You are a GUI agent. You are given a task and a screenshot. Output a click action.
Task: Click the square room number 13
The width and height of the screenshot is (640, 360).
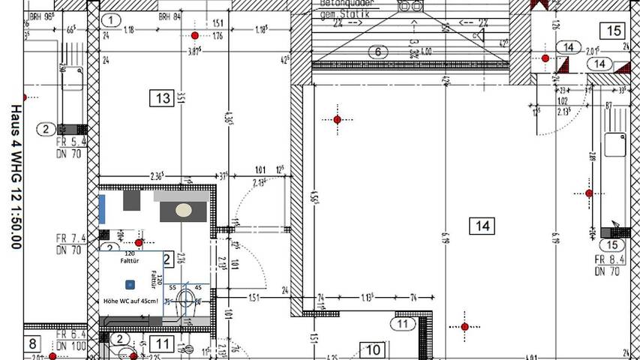[161, 97]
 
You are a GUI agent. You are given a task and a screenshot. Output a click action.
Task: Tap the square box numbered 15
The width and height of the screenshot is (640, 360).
[613, 31]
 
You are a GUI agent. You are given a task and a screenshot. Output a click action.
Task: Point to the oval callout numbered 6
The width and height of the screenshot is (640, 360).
[378, 52]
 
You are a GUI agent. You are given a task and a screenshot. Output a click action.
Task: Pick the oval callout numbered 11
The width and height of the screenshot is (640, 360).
[404, 324]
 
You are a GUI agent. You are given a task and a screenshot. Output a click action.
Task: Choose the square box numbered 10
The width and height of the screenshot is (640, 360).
[374, 349]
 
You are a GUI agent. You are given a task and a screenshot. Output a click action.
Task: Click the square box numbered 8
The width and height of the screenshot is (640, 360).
[33, 345]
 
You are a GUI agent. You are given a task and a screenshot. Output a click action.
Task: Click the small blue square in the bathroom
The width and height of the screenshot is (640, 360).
[130, 284]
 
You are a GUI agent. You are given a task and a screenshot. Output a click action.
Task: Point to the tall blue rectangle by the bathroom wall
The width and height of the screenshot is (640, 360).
[101, 208]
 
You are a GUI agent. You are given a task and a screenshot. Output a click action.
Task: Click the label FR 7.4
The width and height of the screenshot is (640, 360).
[71, 238]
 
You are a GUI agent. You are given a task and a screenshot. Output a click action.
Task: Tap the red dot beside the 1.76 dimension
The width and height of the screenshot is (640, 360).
[195, 36]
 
